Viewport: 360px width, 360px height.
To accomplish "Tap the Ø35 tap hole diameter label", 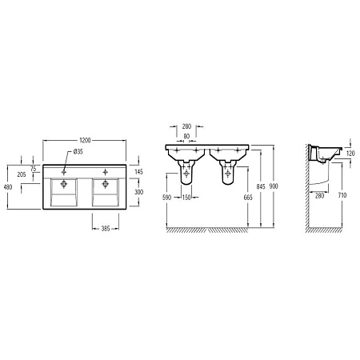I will (x=78, y=151).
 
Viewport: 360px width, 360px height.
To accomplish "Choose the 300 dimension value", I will (x=138, y=192).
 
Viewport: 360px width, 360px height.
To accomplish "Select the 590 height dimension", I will (x=167, y=196).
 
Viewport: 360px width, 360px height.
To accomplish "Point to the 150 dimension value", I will (x=186, y=196).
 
